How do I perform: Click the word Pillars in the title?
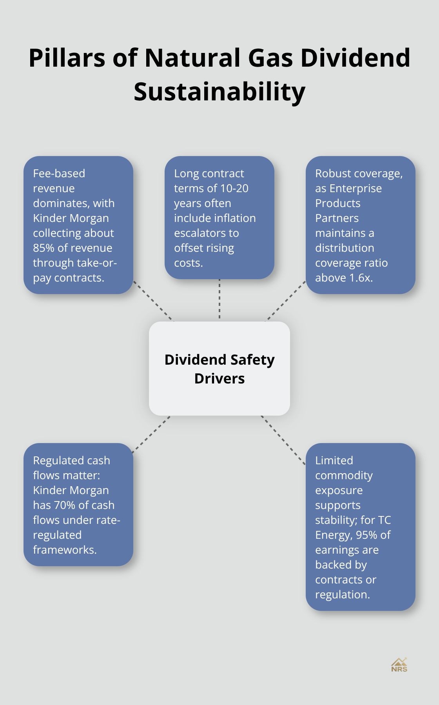pos(67,58)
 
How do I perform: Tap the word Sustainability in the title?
pos(219,92)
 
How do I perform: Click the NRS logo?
pos(399,665)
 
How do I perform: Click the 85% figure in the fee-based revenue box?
pos(44,248)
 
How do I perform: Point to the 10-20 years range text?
pos(234,189)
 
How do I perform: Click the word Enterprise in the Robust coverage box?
pos(356,189)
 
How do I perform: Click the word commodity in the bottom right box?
pos(344,476)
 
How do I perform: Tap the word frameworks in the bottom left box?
pos(64,550)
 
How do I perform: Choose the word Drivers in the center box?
pos(219,379)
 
